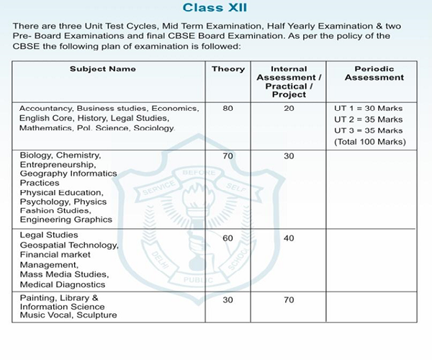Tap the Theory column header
click(228, 69)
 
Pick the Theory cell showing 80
click(228, 108)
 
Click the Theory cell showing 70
click(228, 156)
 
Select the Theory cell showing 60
click(228, 238)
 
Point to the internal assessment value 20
click(289, 108)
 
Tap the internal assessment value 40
click(289, 238)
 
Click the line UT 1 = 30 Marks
click(368, 108)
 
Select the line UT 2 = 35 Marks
click(368, 119)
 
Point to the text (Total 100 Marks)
click(369, 141)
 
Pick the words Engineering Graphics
click(66, 220)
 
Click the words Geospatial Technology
click(69, 246)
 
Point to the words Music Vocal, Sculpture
click(68, 315)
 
